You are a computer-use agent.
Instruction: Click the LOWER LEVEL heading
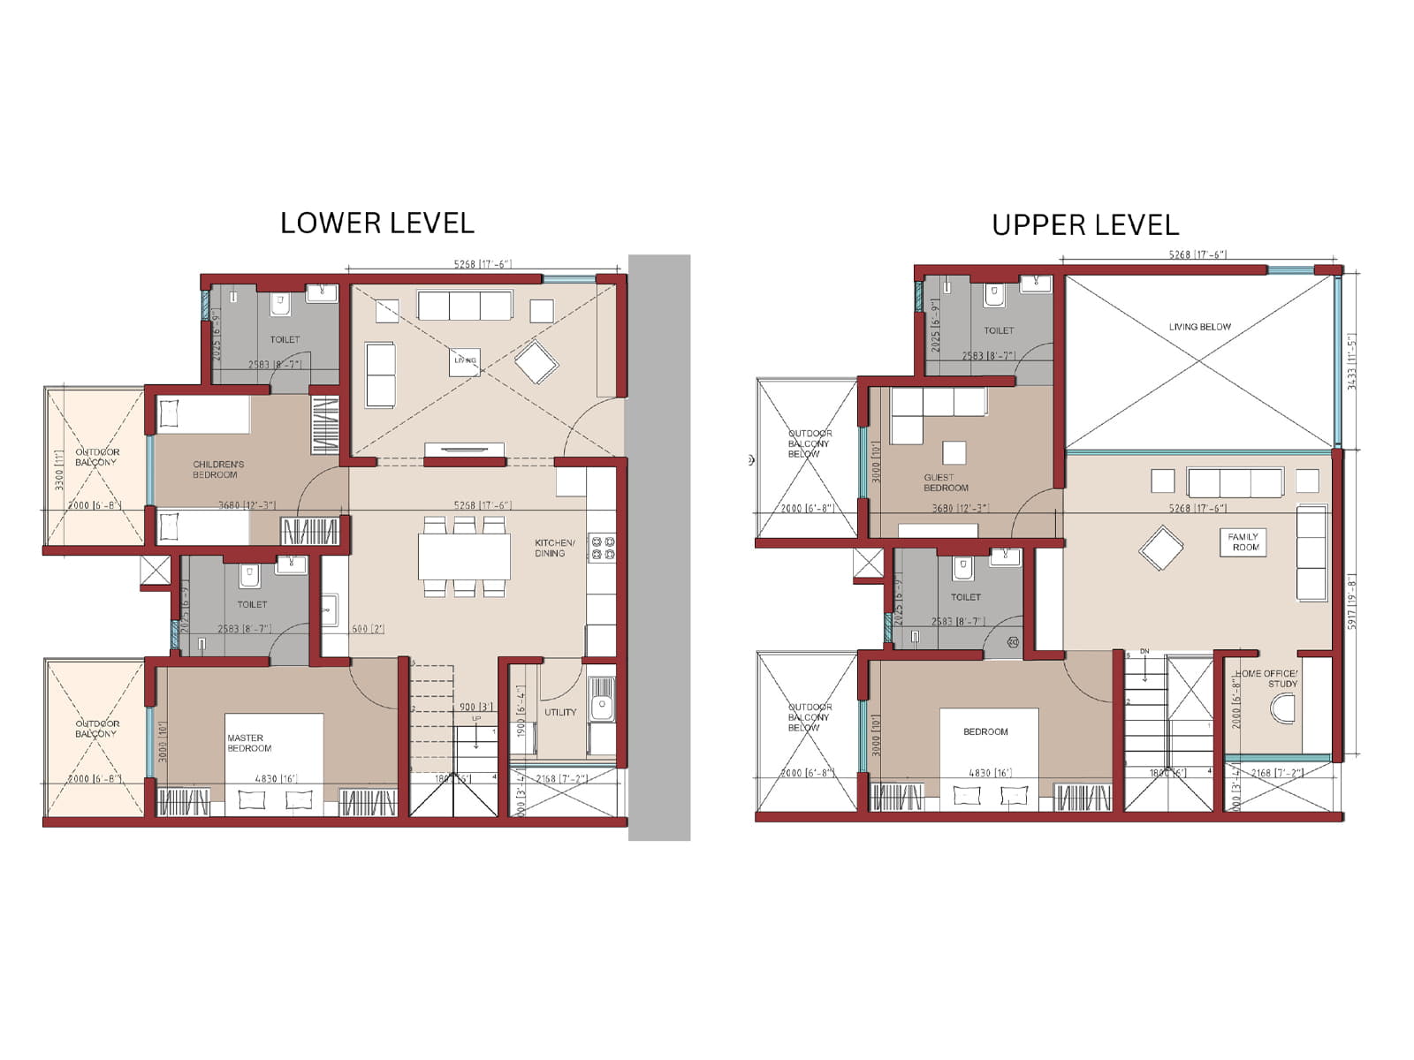[x=377, y=223]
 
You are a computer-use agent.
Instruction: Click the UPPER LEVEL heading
[x=1085, y=225]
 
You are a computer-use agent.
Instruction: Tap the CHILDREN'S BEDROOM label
[x=217, y=469]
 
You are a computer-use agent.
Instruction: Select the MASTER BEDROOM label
[x=248, y=743]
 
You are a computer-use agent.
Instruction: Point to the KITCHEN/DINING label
[x=554, y=548]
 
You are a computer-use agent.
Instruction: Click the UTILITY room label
[x=559, y=712]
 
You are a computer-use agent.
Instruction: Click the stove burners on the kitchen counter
[x=602, y=548]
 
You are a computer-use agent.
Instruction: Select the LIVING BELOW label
[x=1199, y=327]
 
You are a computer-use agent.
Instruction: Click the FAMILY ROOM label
[x=1243, y=542]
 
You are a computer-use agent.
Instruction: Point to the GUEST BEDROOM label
[x=945, y=482]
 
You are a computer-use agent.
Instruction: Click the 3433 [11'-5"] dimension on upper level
[x=1350, y=361]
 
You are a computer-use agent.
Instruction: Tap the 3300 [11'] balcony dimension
[x=60, y=469]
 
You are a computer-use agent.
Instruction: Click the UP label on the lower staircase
[x=476, y=719]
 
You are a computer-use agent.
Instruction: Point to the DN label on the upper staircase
[x=1144, y=652]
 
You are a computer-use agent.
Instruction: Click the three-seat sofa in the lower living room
[x=465, y=306]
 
